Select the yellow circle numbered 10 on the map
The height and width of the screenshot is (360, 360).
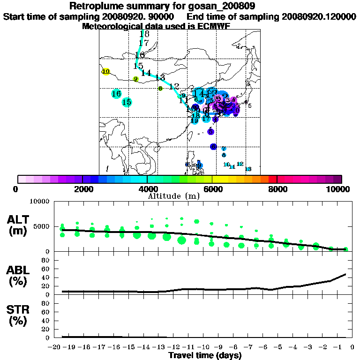106,72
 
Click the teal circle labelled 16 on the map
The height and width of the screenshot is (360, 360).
116,94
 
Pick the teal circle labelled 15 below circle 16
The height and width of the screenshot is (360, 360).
127,102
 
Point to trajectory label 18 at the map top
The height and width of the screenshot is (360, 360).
144,34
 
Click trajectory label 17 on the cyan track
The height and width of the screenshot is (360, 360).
143,43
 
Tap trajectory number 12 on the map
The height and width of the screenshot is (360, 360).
174,86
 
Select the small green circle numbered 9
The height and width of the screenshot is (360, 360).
135,79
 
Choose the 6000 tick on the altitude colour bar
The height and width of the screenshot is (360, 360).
212,189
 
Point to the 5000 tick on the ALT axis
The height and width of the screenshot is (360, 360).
43,226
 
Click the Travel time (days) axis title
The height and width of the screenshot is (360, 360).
205,355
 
